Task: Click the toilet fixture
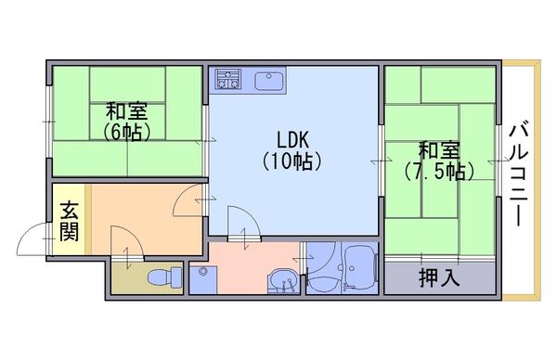click(164, 277)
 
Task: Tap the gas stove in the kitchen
click(227, 79)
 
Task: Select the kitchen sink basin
click(269, 80)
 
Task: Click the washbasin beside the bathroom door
click(283, 280)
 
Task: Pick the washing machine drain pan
click(202, 280)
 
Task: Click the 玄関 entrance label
click(69, 222)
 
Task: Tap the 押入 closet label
click(439, 277)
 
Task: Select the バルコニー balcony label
click(519, 174)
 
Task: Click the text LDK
click(293, 140)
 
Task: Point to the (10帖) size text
click(292, 161)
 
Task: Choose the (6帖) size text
click(127, 133)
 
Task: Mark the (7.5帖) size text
click(439, 172)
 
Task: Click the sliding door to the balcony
click(499, 161)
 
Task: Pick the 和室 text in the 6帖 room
click(127, 111)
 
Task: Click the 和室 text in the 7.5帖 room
click(439, 150)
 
